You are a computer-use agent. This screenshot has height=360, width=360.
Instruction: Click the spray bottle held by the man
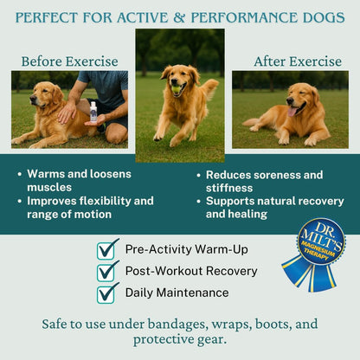pos(93,112)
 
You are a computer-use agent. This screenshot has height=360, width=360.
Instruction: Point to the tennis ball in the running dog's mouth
pos(177,89)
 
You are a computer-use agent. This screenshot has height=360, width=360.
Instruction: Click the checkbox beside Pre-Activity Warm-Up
pos(108,249)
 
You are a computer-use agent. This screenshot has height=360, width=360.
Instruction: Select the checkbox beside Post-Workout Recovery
pos(108,271)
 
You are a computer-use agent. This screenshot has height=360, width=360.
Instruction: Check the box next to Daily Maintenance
pos(108,292)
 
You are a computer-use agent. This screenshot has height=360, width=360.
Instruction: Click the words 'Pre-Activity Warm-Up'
pos(185,249)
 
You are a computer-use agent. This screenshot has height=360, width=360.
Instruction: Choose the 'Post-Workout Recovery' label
pos(191,271)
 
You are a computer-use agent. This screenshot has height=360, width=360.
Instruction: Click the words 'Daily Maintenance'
pos(177,292)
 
